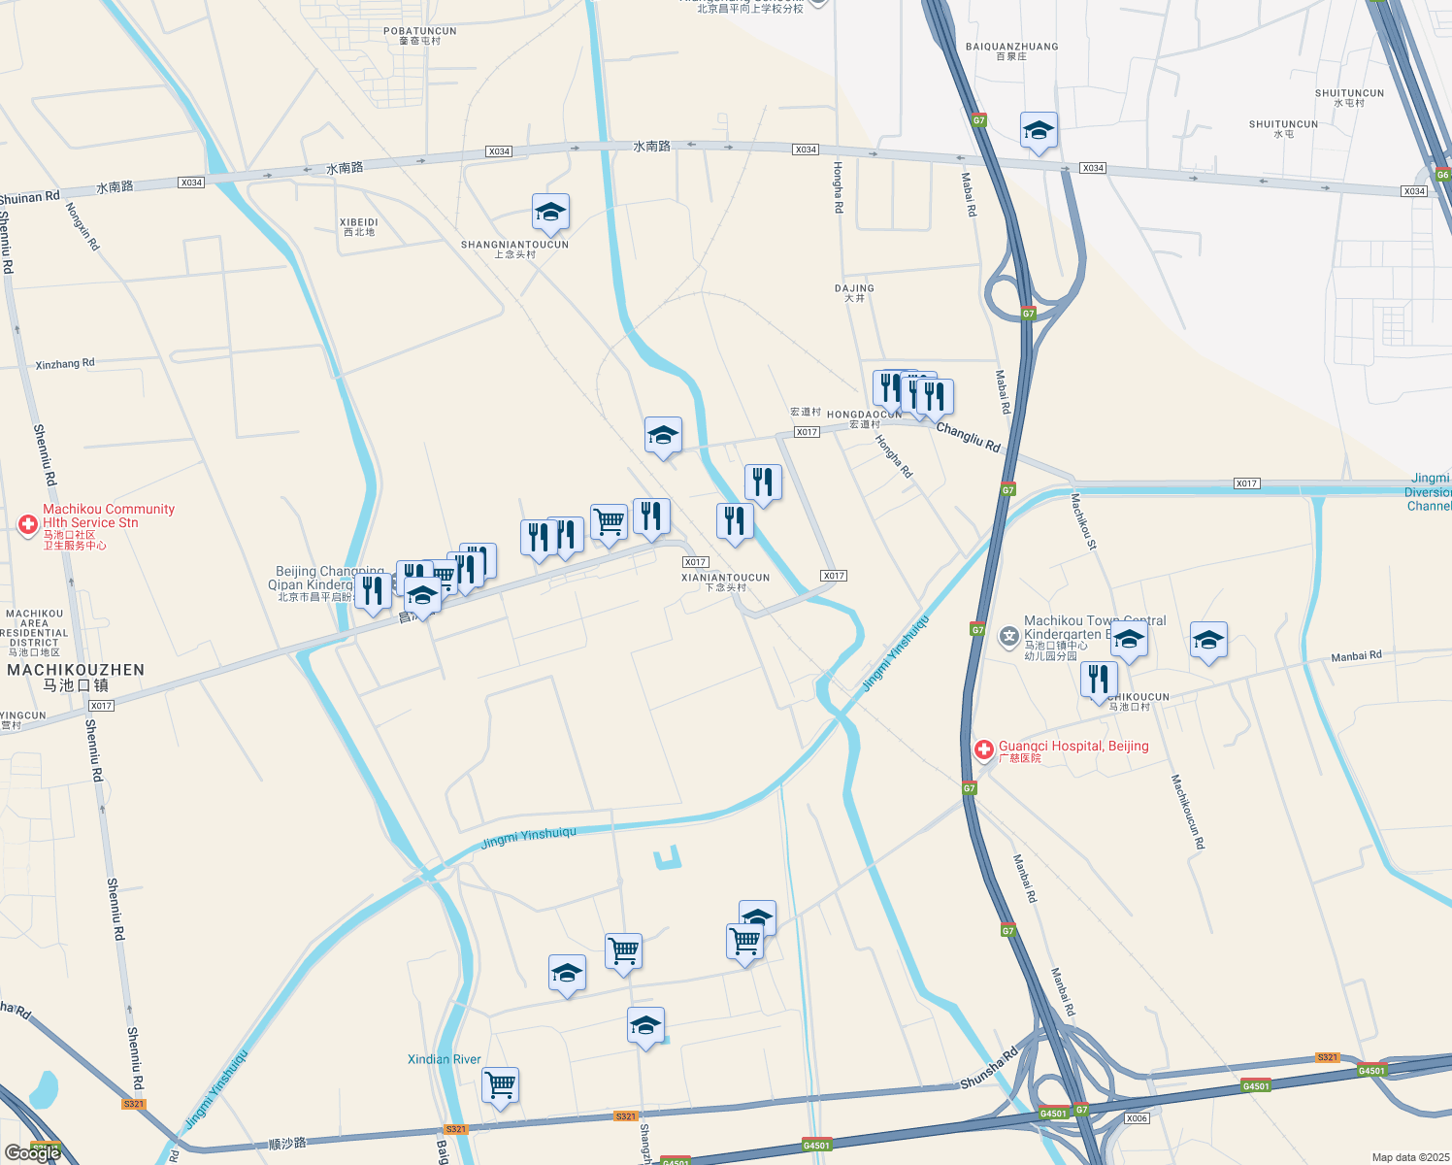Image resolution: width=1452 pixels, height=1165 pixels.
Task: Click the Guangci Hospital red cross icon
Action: [x=983, y=749]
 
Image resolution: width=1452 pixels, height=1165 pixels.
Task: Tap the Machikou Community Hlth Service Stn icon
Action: [x=28, y=524]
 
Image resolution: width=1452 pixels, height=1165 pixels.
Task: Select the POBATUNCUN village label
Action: [x=419, y=31]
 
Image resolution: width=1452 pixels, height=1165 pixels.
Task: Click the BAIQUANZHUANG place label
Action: [x=1011, y=47]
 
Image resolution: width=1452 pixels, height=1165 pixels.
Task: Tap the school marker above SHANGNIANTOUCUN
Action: [x=550, y=213]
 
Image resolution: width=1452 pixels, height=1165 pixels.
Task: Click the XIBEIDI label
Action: [x=359, y=222]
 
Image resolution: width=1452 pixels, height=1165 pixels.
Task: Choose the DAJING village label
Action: [x=854, y=288]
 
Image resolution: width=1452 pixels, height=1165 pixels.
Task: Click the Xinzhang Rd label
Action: [x=65, y=364]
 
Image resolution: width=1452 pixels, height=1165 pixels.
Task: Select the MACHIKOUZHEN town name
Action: [x=76, y=670]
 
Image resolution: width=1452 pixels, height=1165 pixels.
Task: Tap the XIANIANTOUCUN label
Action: [x=725, y=578]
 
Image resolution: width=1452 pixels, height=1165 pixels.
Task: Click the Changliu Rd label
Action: [x=968, y=437]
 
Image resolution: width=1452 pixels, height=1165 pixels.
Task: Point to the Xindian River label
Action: [x=444, y=1059]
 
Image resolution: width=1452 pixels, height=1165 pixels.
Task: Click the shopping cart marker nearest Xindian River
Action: [x=500, y=1084]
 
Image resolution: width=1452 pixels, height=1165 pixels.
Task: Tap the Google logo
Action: [x=33, y=1152]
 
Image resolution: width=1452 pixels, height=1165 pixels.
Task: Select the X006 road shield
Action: [x=1137, y=1118]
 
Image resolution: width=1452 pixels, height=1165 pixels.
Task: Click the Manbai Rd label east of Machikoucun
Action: [x=1356, y=656]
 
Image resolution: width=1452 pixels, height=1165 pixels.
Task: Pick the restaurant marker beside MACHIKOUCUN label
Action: [x=1099, y=679]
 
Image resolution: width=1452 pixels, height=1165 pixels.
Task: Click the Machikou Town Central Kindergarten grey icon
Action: [x=1009, y=636]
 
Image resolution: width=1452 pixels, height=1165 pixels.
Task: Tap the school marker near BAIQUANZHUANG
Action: [x=1038, y=131]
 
